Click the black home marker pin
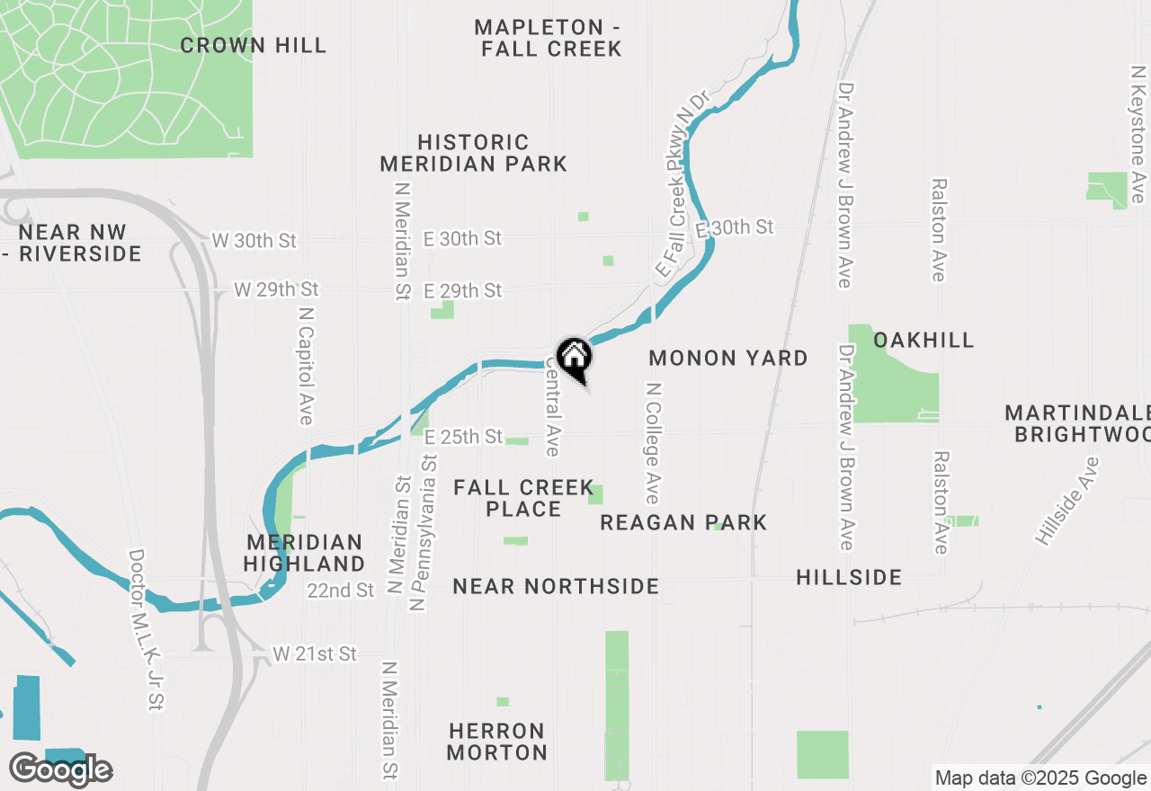[x=574, y=358]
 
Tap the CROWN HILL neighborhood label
[x=254, y=45]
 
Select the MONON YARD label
[x=728, y=358]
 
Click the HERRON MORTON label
[x=497, y=742]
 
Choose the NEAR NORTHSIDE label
[x=556, y=587]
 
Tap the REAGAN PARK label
[x=683, y=522]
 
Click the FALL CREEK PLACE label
[x=523, y=498]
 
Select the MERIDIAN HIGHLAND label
[x=305, y=553]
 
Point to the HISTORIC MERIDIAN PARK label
[x=473, y=153]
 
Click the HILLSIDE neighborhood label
[x=849, y=577]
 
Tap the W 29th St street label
[x=277, y=289]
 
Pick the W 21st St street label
[x=316, y=653]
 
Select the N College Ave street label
[x=653, y=443]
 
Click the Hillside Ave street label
[x=1067, y=501]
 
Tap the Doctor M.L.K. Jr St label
[x=147, y=630]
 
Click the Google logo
[x=61, y=769]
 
